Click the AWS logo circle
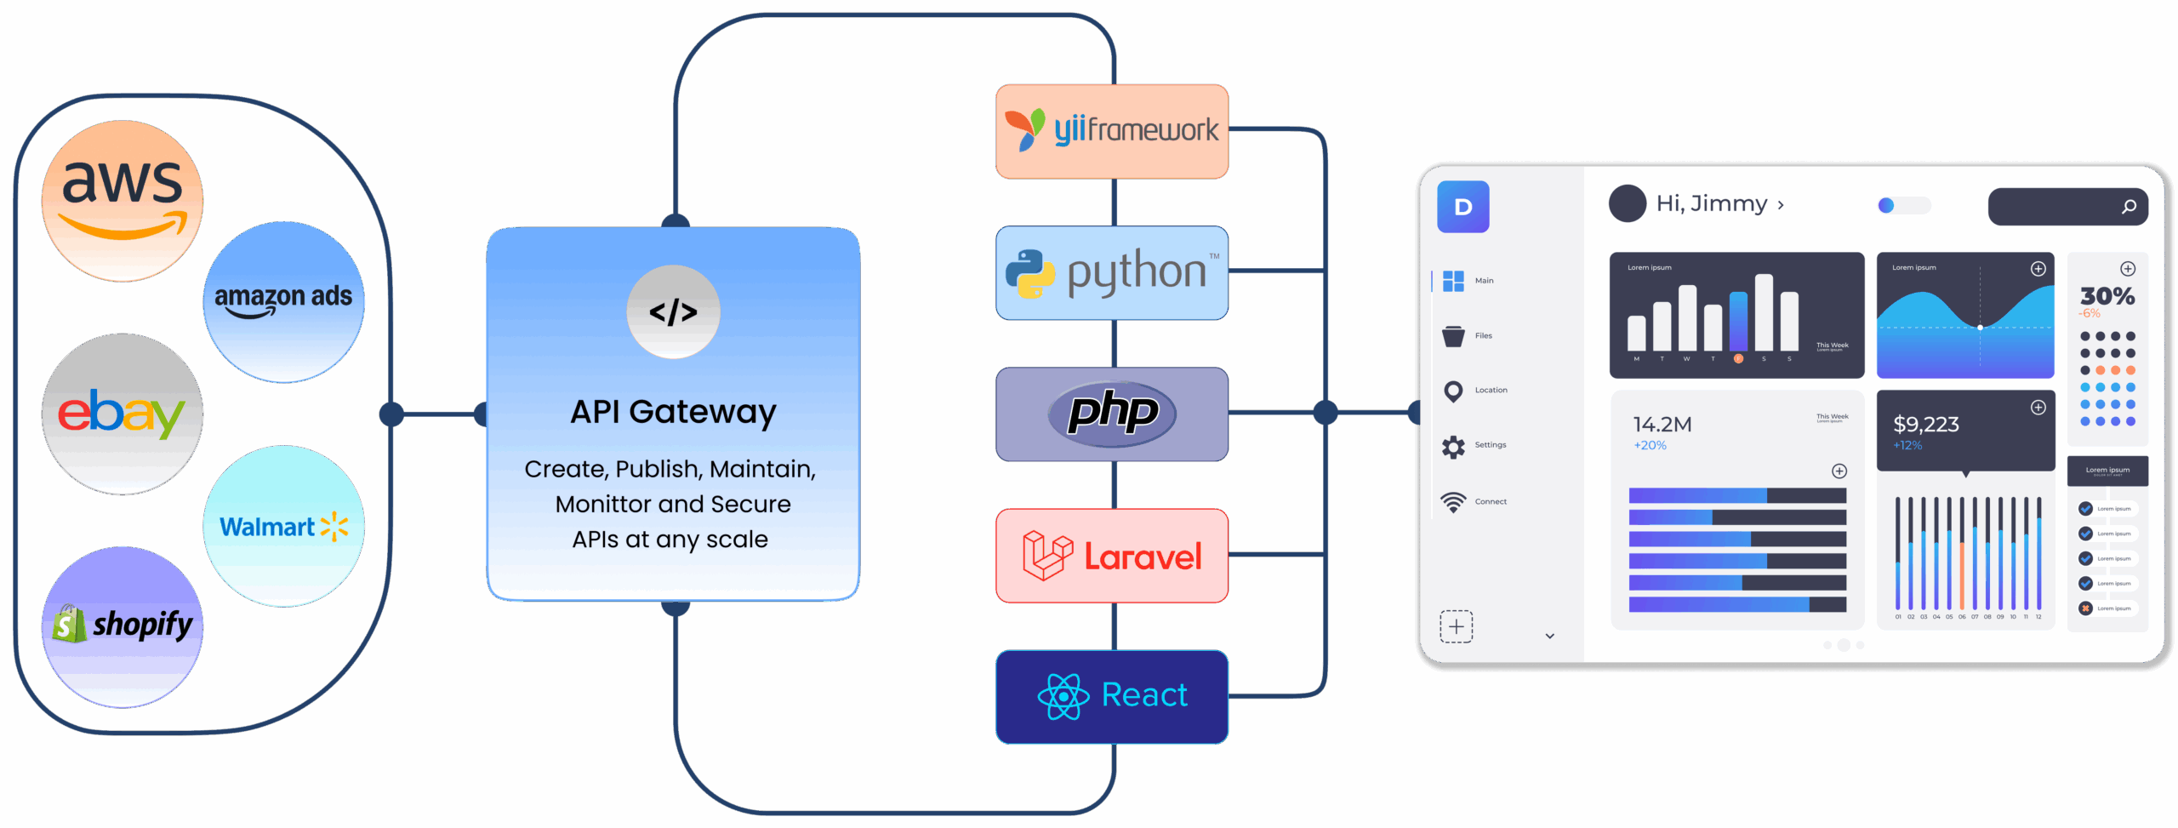(123, 201)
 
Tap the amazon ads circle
(283, 301)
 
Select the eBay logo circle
(123, 414)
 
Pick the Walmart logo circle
(283, 526)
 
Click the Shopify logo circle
(123, 626)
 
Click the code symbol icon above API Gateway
(673, 312)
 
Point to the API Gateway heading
(673, 412)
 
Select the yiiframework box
(1112, 131)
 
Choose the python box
(1112, 273)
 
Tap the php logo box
(1112, 414)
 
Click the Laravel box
(1112, 556)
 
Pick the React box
(1112, 696)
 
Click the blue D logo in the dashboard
(1462, 207)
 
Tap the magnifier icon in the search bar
(2129, 207)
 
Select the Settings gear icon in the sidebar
(1453, 446)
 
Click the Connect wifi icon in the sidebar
(1453, 502)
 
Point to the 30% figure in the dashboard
(2107, 296)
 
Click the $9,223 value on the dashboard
(1925, 424)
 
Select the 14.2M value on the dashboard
(1662, 424)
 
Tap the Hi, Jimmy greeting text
(1711, 203)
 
